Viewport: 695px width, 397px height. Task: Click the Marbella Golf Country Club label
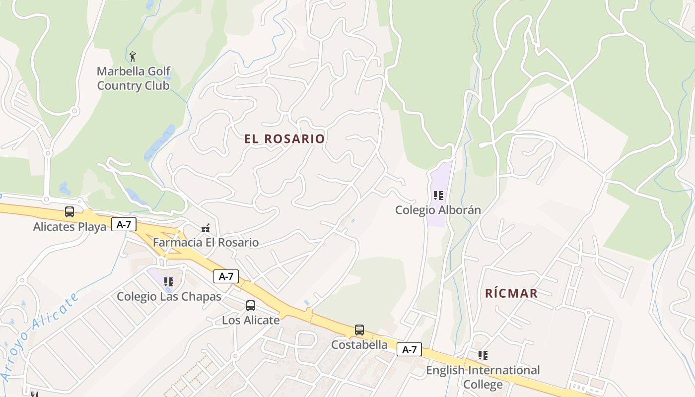(134, 78)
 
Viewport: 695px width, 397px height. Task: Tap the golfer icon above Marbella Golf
(133, 56)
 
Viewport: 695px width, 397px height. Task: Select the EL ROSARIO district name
(284, 139)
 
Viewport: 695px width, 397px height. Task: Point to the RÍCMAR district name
(511, 293)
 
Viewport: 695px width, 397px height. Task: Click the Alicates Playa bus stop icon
(69, 212)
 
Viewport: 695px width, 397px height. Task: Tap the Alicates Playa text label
(69, 227)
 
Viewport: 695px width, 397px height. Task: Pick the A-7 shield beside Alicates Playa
(124, 224)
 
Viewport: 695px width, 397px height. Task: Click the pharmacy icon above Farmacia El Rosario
(206, 228)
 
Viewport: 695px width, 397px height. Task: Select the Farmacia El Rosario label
(206, 243)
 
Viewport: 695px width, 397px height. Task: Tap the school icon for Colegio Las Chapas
(169, 282)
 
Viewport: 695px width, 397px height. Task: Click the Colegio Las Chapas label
(169, 297)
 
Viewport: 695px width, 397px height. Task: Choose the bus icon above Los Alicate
(251, 306)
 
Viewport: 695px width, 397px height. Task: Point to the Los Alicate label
(251, 320)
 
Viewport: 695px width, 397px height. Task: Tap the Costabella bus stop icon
(359, 330)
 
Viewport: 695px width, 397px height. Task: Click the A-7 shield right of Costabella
(409, 349)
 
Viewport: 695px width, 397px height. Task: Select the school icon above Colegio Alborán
(438, 196)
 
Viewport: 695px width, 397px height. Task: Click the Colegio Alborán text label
(438, 210)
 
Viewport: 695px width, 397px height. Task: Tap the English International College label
(483, 377)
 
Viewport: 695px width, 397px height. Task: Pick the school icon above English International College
(483, 355)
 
